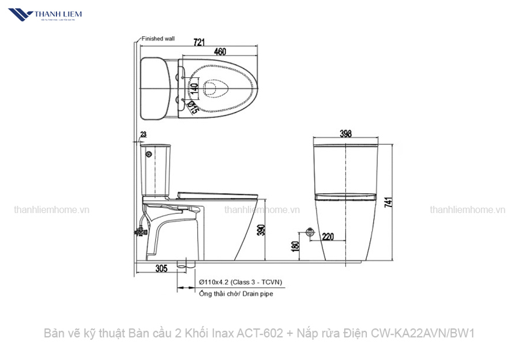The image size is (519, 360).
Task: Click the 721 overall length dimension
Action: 199,42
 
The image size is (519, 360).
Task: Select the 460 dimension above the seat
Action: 220,52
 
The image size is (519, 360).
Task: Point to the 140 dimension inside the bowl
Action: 195,89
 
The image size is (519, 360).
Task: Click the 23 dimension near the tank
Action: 143,134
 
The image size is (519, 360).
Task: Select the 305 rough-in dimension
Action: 161,268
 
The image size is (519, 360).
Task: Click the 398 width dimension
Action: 345,134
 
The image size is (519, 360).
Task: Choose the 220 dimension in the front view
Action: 328,236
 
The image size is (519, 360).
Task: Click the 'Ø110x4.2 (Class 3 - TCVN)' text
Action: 240,282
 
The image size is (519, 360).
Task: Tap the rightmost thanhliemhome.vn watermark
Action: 467,210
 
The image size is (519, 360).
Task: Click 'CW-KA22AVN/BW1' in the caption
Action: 423,333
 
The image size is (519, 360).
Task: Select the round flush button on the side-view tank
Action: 149,155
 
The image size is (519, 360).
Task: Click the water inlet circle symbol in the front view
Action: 310,232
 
